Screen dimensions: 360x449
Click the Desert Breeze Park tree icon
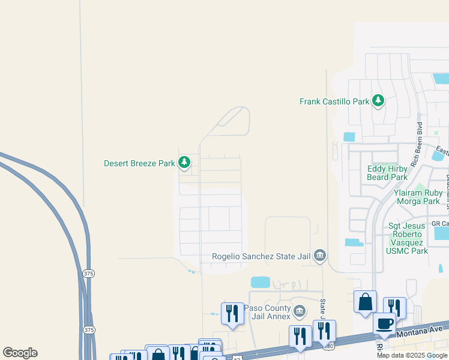(x=184, y=162)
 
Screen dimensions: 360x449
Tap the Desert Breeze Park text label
(x=139, y=163)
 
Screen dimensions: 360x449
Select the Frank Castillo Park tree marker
(x=378, y=101)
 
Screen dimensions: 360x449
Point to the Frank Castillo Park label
(x=334, y=101)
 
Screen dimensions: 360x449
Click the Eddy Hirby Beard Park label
(x=387, y=173)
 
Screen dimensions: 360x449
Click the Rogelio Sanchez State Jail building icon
(x=320, y=256)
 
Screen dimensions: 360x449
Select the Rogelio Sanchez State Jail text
(x=261, y=256)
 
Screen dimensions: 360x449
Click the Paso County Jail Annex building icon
(x=300, y=312)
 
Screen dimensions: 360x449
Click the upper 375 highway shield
(x=89, y=274)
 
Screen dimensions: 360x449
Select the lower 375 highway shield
(x=89, y=330)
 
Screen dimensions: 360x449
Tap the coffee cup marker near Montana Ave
(x=384, y=323)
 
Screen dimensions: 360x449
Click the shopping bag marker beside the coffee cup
(x=365, y=302)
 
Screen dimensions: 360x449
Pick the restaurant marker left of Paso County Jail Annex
(x=232, y=313)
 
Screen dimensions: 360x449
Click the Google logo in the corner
(x=20, y=353)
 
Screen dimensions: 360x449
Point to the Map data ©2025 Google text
(x=411, y=355)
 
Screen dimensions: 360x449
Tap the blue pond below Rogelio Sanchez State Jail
(x=261, y=282)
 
